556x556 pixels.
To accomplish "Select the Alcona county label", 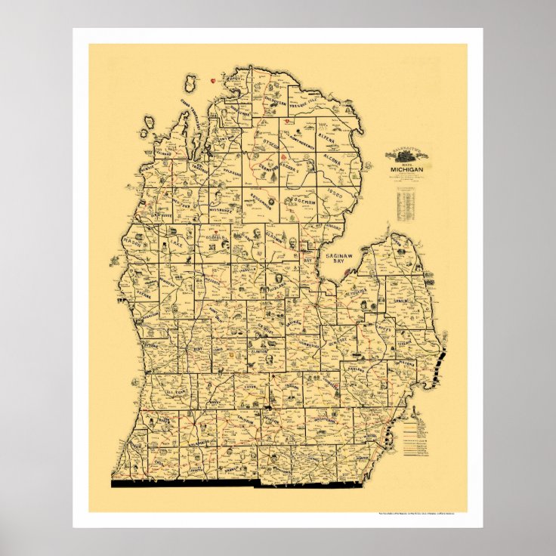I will pos(331,160).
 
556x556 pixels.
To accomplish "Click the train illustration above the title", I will pos(406,155).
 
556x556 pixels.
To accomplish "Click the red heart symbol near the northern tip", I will pos(215,79).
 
